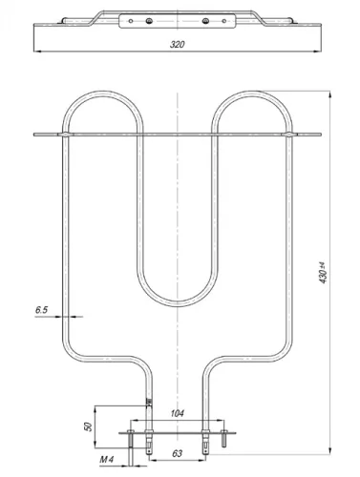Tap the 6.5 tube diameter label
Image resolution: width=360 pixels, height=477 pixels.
coord(40,311)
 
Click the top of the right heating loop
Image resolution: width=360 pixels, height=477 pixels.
coord(251,93)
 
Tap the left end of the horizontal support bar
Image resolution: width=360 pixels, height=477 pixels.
coord(36,134)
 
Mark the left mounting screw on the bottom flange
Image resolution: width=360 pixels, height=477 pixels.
coord(126,437)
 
